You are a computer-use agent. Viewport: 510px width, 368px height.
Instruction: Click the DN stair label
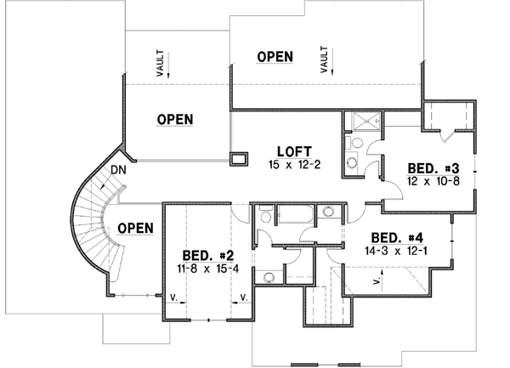121,171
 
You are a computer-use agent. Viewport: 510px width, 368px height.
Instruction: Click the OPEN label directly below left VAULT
174,119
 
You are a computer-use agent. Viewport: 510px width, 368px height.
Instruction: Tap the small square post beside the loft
239,159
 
